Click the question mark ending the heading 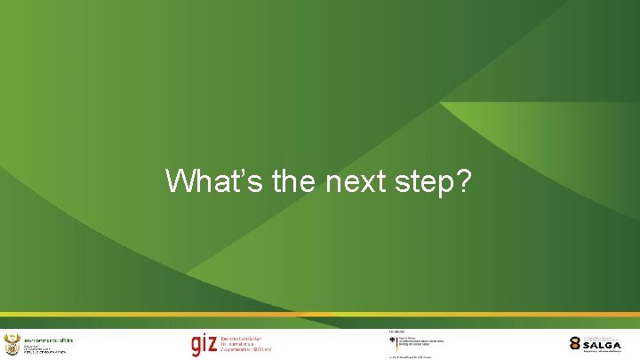click(x=463, y=181)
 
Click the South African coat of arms click(x=12, y=345)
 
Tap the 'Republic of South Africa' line click(x=44, y=353)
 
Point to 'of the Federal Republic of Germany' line click(x=416, y=356)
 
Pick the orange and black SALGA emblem click(x=576, y=343)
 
